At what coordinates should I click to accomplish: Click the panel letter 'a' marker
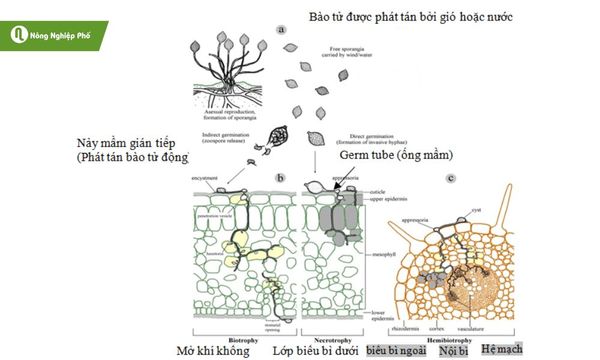(x=281, y=30)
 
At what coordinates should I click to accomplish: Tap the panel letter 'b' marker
(x=281, y=178)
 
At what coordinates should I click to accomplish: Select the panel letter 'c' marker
(x=452, y=179)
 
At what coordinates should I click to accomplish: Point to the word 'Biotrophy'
(x=244, y=337)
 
